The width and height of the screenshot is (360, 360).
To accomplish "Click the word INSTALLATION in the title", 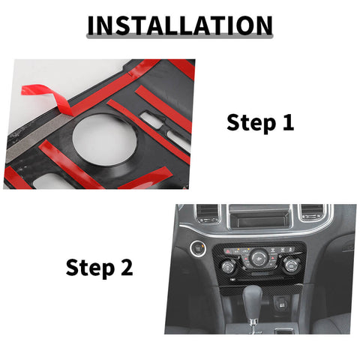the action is coord(180,25).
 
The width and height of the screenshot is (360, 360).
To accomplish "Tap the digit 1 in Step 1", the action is coord(289,122).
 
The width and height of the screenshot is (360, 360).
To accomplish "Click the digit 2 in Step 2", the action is coord(127,267).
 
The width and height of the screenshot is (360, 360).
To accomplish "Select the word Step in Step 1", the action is coord(251,123).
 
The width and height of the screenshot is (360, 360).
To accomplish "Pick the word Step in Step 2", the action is coord(90,268).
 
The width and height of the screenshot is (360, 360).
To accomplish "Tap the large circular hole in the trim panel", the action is coord(105,139).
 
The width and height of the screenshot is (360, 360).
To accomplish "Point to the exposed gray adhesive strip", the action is coord(37,139).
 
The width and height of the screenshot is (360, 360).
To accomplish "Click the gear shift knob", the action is coord(252,303).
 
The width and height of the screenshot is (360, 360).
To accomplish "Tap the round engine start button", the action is coord(198,248).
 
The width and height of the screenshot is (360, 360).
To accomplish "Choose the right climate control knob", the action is coord(291,265).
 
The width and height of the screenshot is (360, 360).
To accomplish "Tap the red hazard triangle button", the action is coord(227,251).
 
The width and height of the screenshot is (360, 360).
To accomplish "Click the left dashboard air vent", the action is coord(207,213).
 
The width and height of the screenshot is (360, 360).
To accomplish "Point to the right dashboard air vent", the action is coord(313,212).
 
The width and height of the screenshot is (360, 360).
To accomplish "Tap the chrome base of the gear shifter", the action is coord(253,325).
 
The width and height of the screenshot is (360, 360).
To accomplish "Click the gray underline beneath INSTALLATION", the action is coord(180,36).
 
